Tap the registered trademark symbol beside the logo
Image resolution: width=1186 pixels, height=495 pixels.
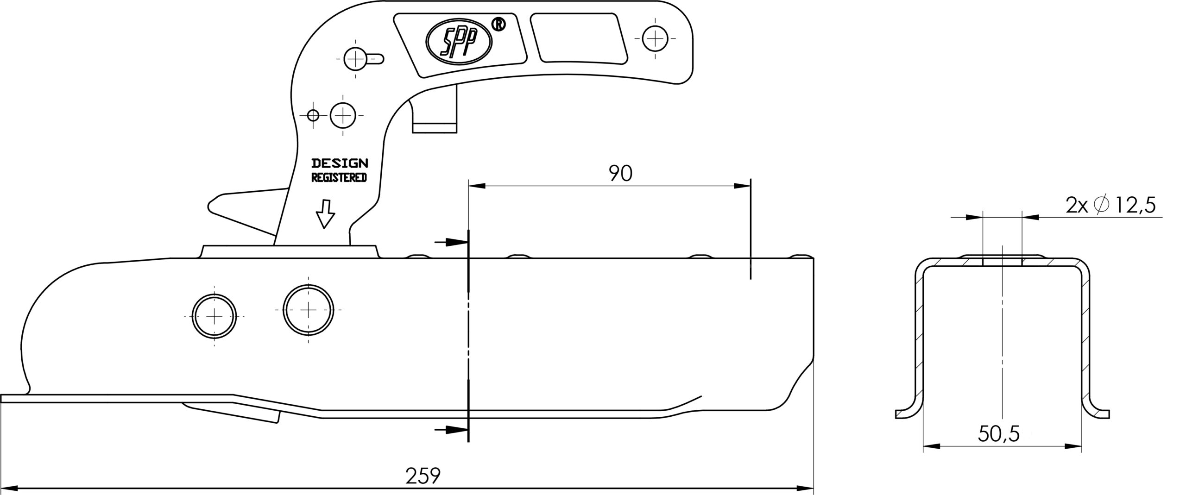[499, 25]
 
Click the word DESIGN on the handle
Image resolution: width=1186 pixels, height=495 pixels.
[340, 163]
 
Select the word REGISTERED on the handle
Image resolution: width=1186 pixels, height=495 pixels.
[339, 177]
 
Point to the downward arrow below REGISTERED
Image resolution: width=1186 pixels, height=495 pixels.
[325, 213]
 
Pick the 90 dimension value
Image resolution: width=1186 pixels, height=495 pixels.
[620, 173]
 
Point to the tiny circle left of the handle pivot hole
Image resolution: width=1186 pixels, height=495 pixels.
[313, 115]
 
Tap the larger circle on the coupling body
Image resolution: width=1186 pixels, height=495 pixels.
[309, 309]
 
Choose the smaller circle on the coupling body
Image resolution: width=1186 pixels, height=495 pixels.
[214, 316]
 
